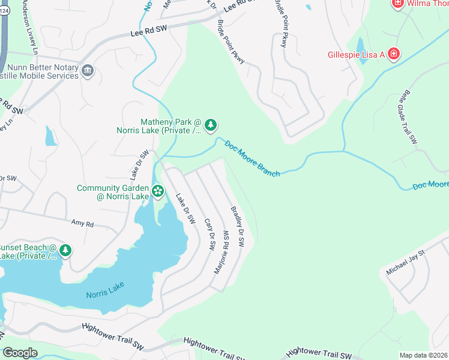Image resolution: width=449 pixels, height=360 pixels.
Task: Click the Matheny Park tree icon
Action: (x=210, y=125)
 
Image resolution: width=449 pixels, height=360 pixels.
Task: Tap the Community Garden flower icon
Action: (x=158, y=191)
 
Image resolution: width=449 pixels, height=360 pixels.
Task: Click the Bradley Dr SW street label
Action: (x=238, y=227)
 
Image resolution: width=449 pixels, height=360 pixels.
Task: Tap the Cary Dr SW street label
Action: (x=210, y=234)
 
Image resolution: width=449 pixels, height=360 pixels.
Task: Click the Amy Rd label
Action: (x=83, y=224)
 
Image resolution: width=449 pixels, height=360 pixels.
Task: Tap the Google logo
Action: (x=20, y=352)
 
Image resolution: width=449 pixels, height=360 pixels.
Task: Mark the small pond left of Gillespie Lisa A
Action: (x=360, y=46)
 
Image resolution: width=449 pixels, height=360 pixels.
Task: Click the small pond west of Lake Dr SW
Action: (x=50, y=136)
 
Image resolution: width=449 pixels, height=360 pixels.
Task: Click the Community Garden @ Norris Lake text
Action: (x=112, y=192)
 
